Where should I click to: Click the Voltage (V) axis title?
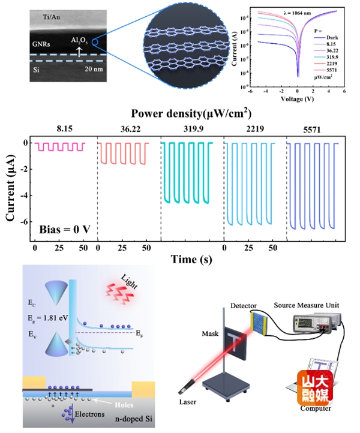pyautogui.click(x=298, y=98)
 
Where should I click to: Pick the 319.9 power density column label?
pyautogui.click(x=192, y=127)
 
